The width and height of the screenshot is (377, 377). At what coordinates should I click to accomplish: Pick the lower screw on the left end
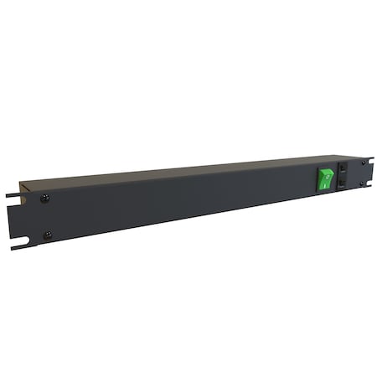(47, 235)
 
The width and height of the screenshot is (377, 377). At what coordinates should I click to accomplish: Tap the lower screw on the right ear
(362, 184)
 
